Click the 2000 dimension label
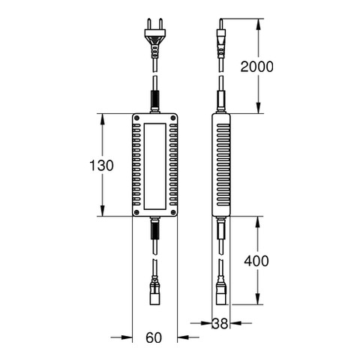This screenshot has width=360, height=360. point(256,67)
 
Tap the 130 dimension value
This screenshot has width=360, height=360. point(101,166)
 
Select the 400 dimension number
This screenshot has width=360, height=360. point(256,261)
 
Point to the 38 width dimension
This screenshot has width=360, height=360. point(220,323)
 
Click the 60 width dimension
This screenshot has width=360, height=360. point(154,337)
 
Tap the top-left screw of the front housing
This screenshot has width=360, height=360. point(136,118)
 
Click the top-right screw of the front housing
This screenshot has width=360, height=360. point(173,118)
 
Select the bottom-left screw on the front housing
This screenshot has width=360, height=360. point(136,212)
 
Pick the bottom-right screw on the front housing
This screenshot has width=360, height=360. point(173,212)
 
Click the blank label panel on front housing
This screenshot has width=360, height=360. point(154,166)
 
